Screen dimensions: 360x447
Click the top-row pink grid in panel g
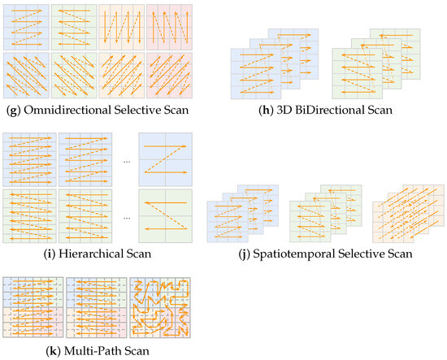point(169,26)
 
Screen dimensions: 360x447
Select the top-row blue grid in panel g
point(26,26)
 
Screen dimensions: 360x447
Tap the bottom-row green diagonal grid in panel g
point(74,76)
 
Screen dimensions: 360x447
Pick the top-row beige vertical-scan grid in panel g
point(122,26)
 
